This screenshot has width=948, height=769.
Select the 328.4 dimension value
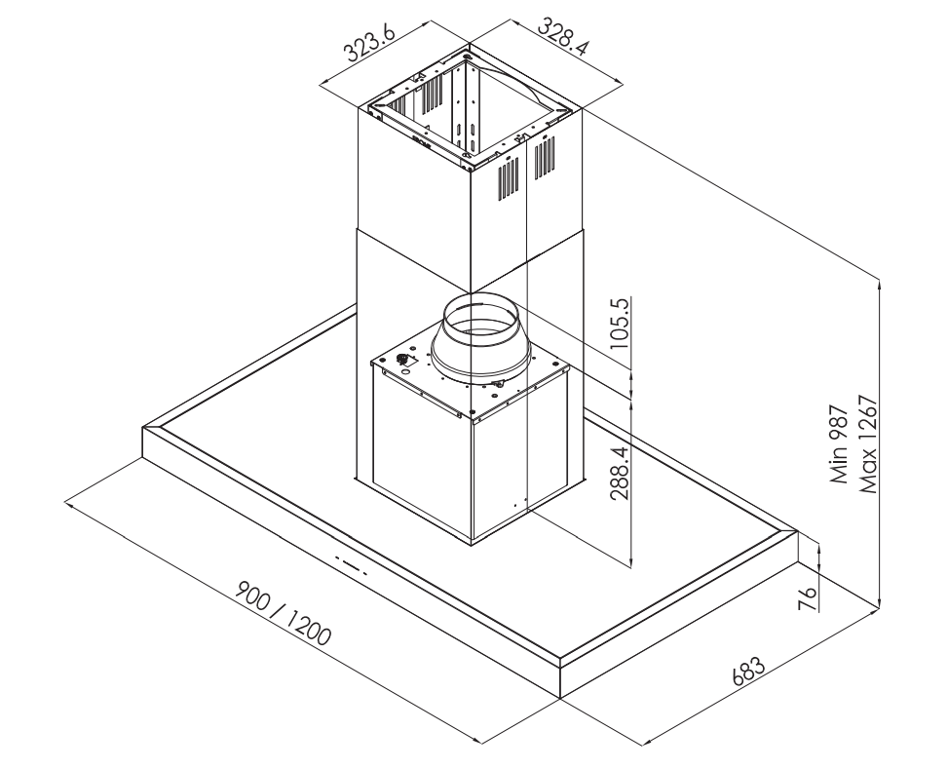point(562,37)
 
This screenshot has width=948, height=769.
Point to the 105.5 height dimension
point(621,323)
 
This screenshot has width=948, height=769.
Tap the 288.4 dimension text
point(620,471)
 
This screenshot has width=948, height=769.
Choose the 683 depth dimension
point(748,671)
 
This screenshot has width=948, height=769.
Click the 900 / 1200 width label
point(284,613)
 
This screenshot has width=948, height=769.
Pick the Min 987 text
point(839,445)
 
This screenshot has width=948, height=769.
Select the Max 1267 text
point(867,444)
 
